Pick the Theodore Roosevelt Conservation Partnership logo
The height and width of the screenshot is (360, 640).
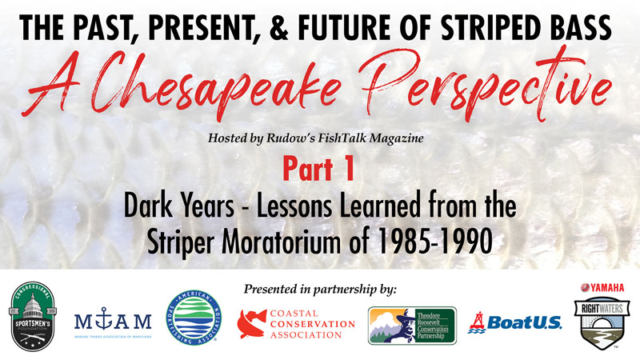point(412,324)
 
